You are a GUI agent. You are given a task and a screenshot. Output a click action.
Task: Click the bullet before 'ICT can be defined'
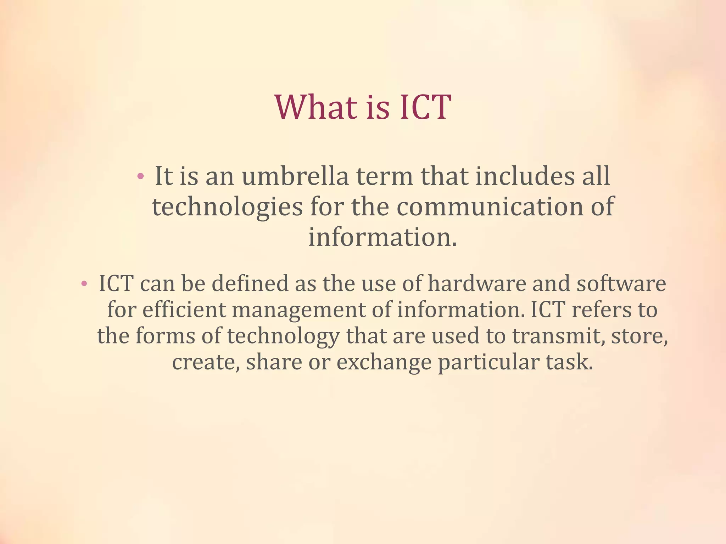[x=84, y=283]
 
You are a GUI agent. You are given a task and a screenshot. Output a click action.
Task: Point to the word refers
[x=601, y=310]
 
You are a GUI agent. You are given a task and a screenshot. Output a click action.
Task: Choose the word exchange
[x=384, y=363]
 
